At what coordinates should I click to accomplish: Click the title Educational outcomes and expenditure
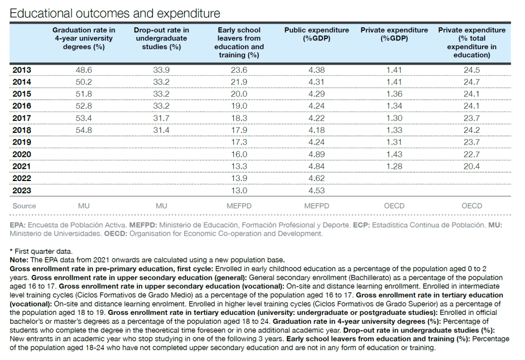click(x=115, y=13)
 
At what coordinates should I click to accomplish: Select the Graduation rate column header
click(x=84, y=38)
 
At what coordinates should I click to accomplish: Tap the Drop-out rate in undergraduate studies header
click(x=161, y=38)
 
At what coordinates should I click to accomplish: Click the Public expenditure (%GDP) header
click(x=316, y=34)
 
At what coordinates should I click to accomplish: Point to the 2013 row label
click(x=22, y=70)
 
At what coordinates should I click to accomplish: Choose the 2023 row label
click(x=22, y=191)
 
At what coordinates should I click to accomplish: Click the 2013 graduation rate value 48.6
click(x=84, y=70)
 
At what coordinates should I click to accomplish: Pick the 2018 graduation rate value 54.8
click(x=84, y=130)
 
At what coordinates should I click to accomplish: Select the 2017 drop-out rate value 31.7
click(x=161, y=118)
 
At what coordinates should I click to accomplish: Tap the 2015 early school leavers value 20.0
click(x=239, y=94)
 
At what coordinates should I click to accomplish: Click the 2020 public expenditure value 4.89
click(x=316, y=154)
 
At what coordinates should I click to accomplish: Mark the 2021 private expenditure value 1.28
click(x=394, y=167)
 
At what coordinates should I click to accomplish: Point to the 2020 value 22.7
click(x=472, y=154)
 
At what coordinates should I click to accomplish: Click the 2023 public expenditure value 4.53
click(x=316, y=191)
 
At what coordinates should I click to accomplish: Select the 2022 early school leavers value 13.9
click(x=239, y=178)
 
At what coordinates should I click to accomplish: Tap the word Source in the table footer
click(x=24, y=206)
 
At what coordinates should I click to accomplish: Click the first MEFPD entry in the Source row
click(x=239, y=206)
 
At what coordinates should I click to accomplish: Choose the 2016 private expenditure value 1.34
click(x=394, y=106)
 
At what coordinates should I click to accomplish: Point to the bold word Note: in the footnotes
click(x=19, y=260)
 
